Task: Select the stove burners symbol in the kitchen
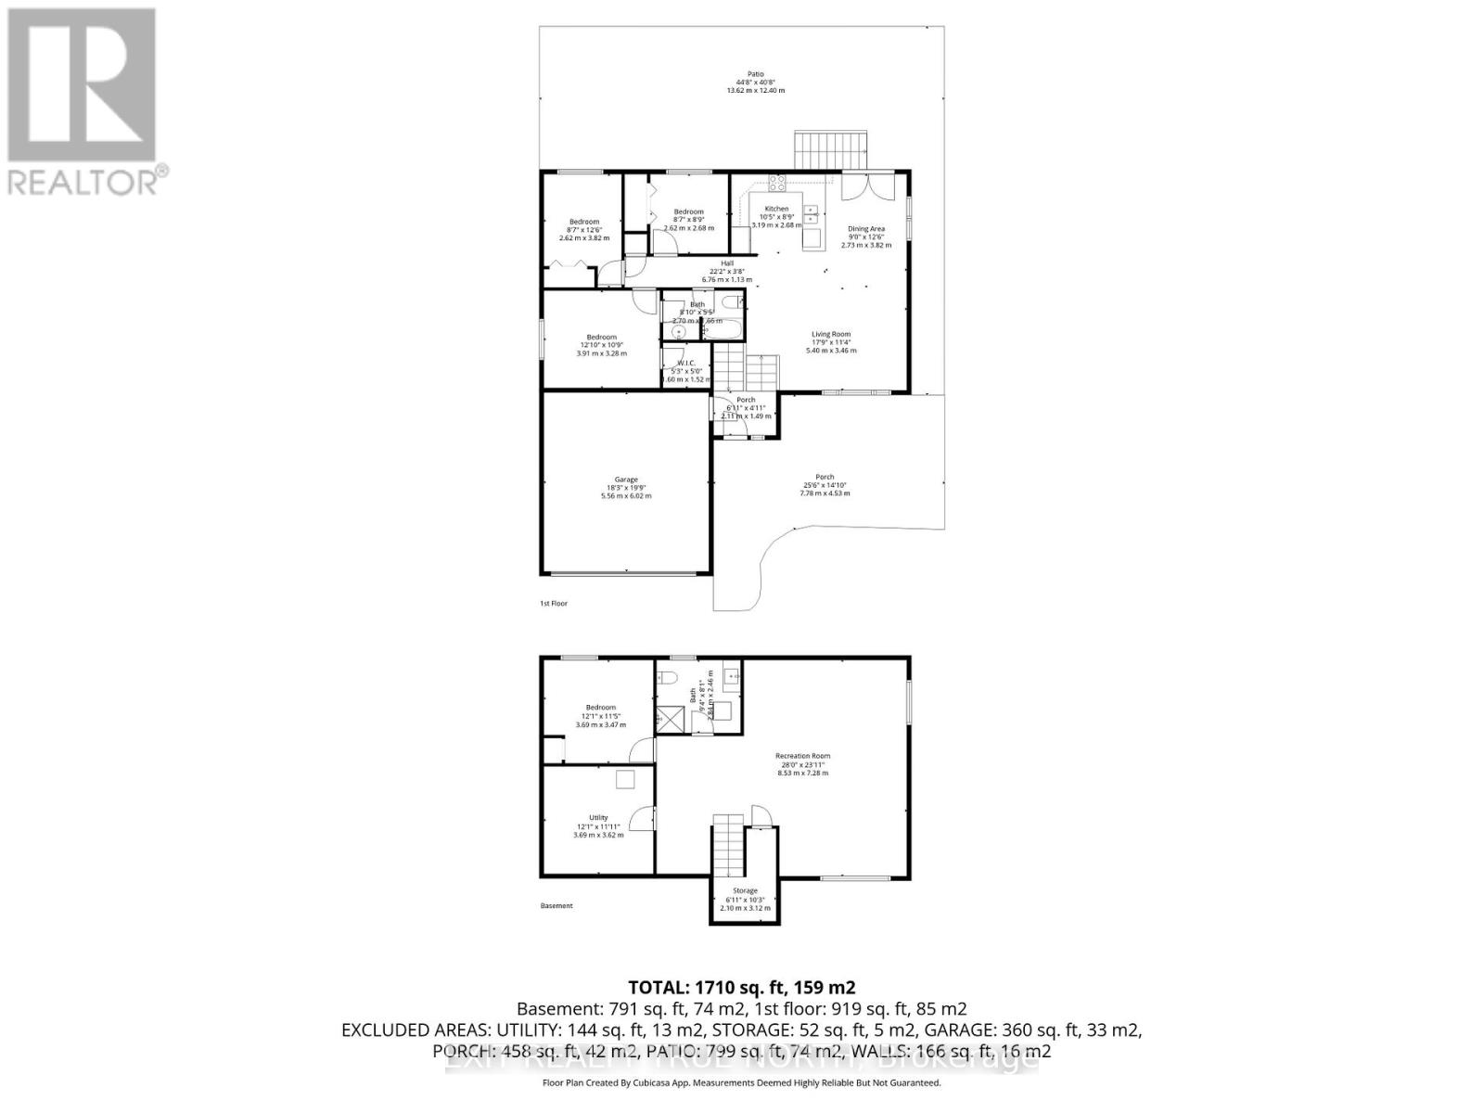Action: click(x=777, y=183)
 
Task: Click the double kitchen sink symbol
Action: click(x=811, y=215)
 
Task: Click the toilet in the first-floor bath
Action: click(x=732, y=301)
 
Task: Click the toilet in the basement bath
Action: click(x=666, y=677)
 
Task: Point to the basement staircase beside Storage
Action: click(x=729, y=844)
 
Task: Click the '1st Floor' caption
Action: click(x=554, y=604)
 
